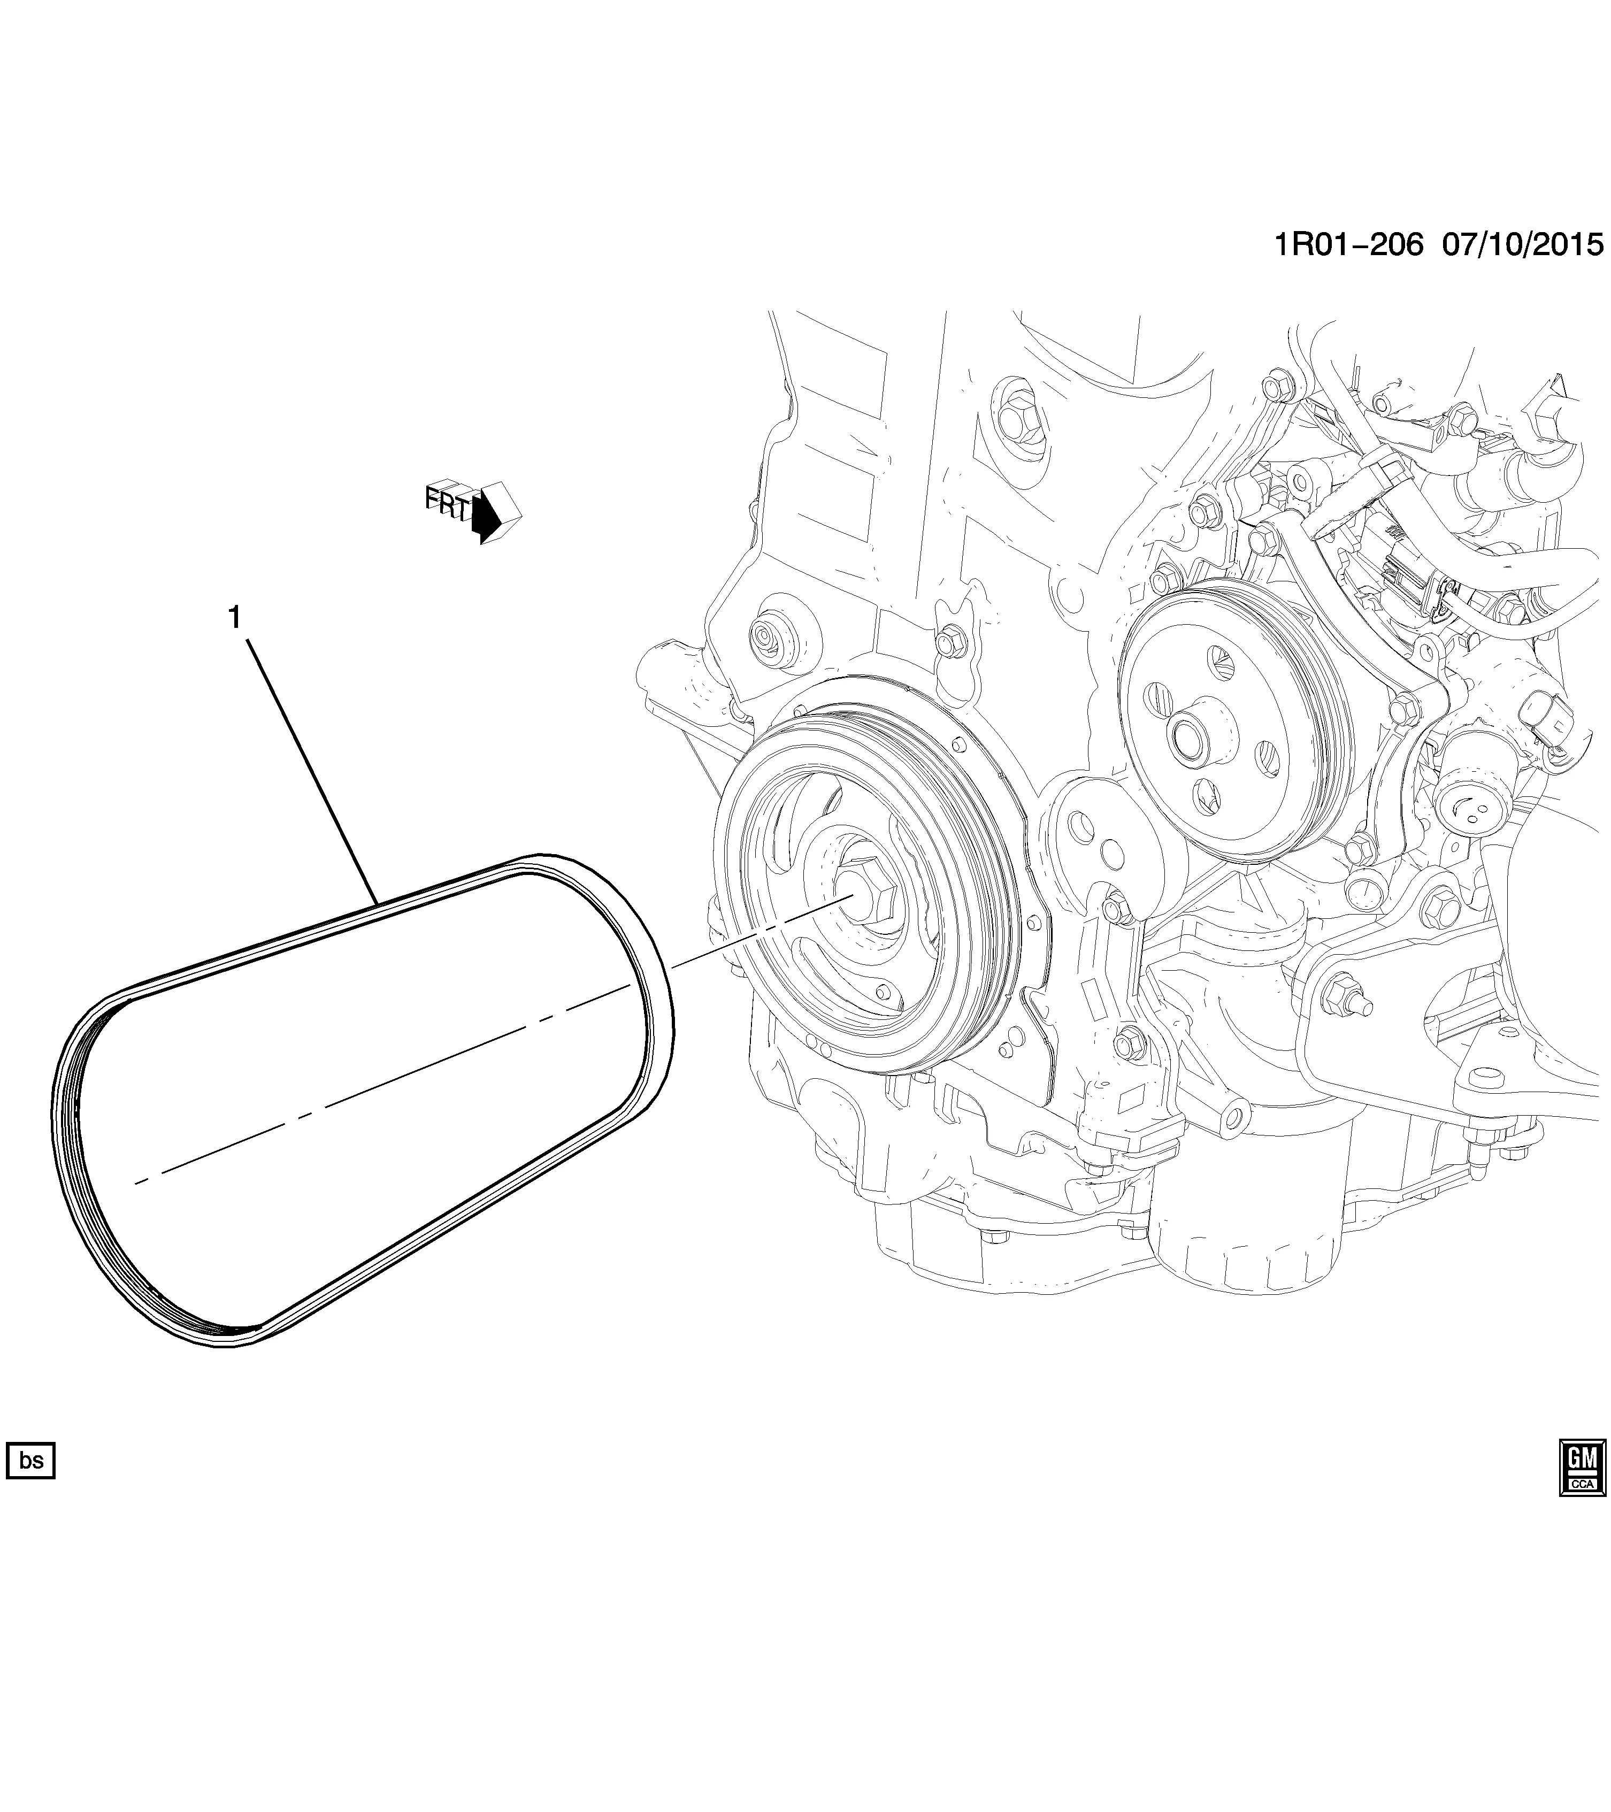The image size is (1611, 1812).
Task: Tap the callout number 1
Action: click(x=234, y=618)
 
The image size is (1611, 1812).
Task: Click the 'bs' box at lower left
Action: click(x=31, y=1485)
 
